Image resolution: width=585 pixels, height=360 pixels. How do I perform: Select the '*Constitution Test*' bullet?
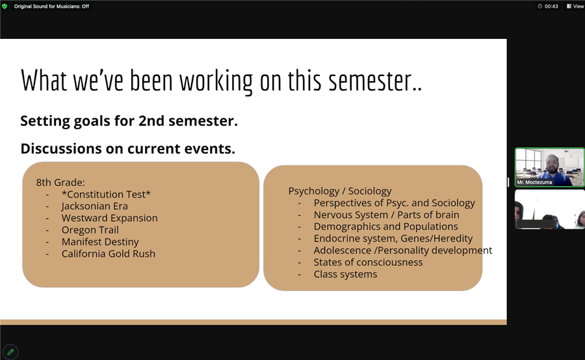click(106, 194)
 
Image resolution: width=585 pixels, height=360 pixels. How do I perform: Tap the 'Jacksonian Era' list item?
click(95, 206)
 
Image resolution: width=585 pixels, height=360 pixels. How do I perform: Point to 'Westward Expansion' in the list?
click(110, 218)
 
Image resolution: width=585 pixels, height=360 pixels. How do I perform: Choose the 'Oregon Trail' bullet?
click(90, 230)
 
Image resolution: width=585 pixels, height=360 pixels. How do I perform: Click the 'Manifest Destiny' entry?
click(100, 242)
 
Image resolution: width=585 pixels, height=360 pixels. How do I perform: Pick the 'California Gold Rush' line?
click(108, 253)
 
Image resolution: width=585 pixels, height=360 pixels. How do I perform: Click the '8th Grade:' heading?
click(60, 183)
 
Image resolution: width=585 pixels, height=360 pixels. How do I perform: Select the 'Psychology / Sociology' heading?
click(340, 191)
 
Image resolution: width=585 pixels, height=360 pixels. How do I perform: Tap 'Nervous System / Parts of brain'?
click(387, 215)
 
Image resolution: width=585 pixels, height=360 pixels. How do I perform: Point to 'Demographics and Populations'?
click(385, 226)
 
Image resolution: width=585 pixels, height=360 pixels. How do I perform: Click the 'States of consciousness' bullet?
click(369, 263)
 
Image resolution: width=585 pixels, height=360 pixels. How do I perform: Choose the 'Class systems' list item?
click(346, 274)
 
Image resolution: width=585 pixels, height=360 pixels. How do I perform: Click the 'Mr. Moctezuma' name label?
click(534, 182)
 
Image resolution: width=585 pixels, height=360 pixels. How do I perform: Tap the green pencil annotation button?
click(10, 352)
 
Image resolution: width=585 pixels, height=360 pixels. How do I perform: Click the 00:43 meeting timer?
click(548, 6)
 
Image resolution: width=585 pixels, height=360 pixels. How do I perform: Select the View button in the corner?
click(576, 6)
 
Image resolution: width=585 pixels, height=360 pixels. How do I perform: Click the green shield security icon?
click(5, 6)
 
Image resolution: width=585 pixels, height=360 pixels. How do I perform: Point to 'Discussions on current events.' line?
click(128, 148)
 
